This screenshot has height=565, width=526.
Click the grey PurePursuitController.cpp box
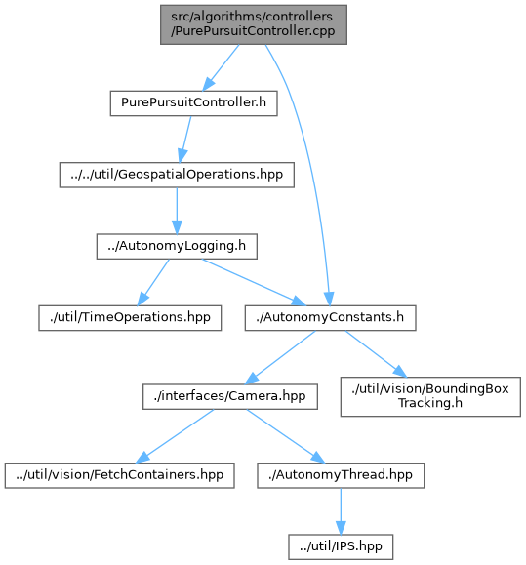[x=254, y=24]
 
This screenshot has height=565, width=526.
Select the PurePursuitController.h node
[x=194, y=103]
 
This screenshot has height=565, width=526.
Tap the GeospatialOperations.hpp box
[x=177, y=175]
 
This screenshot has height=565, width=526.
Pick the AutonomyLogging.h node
[x=177, y=247]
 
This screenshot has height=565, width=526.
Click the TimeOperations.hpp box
[x=130, y=318]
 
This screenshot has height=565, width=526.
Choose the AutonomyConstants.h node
[x=331, y=318]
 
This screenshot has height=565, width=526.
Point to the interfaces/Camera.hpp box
[x=230, y=397]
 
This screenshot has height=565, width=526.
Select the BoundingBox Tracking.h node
[x=430, y=397]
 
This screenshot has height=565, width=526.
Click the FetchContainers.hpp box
[x=120, y=475]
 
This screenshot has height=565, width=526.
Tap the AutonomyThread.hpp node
[x=341, y=475]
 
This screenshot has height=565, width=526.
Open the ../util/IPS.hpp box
[x=341, y=547]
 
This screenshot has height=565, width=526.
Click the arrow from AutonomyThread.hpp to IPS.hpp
[x=341, y=511]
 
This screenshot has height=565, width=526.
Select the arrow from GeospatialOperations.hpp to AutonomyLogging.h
[x=177, y=211]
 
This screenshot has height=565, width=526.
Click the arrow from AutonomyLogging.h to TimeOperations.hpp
[x=153, y=282]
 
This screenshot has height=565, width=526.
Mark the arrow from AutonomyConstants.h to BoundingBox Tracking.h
[x=376, y=354]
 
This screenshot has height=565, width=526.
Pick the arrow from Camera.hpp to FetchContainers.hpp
[x=175, y=436]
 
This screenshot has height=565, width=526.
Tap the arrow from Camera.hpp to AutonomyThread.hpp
[x=286, y=436]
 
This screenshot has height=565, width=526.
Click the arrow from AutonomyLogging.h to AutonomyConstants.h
[x=254, y=282]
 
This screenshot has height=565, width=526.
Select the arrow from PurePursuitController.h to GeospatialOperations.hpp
[x=185, y=140]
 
